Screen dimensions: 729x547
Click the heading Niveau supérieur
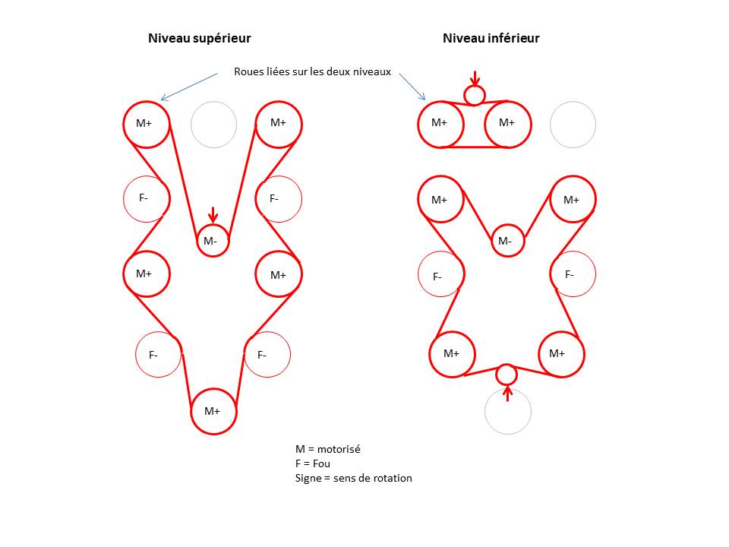point(199,38)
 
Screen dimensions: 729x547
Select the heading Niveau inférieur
point(491,38)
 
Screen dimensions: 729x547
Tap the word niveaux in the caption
point(371,72)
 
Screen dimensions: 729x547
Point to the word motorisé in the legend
point(339,449)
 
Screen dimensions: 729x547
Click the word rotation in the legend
point(390,478)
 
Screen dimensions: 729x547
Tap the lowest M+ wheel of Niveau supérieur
point(213,411)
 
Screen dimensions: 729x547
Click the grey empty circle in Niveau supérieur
point(213,124)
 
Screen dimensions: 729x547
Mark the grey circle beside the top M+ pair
point(573,124)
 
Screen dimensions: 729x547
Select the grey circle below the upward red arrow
point(507,412)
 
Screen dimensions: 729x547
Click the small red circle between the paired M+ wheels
point(475,95)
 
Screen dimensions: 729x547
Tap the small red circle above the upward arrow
point(507,374)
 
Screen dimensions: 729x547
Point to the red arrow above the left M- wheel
point(213,215)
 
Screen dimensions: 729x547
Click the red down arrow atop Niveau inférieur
point(475,77)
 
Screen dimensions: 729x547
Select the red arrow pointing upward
point(507,394)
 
